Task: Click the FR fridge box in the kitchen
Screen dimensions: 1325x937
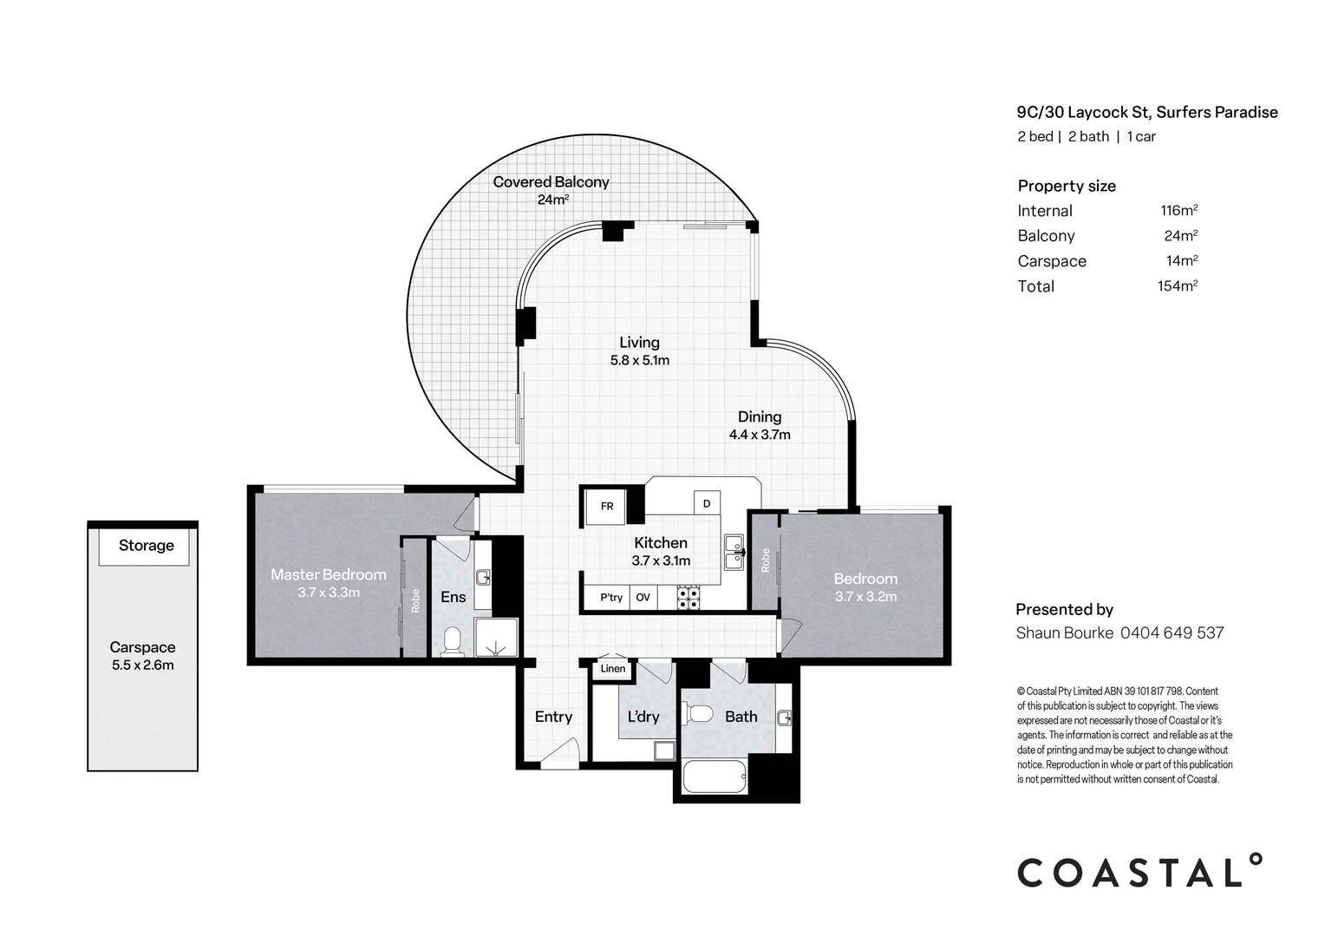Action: tap(606, 507)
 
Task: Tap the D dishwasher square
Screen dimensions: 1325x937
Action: tap(707, 503)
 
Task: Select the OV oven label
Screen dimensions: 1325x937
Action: tap(643, 598)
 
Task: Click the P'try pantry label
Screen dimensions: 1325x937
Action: tap(611, 598)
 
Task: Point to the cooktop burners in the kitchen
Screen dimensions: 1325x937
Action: tap(689, 598)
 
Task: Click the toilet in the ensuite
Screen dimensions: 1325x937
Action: tap(452, 640)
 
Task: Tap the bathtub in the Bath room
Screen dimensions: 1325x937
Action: tap(715, 776)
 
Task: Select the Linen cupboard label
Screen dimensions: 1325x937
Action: tap(613, 669)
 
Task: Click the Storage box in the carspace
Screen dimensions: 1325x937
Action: tap(144, 547)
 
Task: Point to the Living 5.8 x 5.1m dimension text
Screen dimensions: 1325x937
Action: tap(640, 360)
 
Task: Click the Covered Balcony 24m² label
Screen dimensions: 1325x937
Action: tap(552, 190)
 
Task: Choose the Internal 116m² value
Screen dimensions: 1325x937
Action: tap(1179, 210)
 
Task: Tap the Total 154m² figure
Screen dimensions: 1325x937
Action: tap(1178, 286)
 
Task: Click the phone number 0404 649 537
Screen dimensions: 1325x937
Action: tap(1172, 633)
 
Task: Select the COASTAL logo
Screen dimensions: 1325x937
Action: tap(1139, 870)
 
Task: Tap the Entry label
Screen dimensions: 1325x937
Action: tap(553, 717)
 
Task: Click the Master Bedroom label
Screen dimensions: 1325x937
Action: tap(329, 574)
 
